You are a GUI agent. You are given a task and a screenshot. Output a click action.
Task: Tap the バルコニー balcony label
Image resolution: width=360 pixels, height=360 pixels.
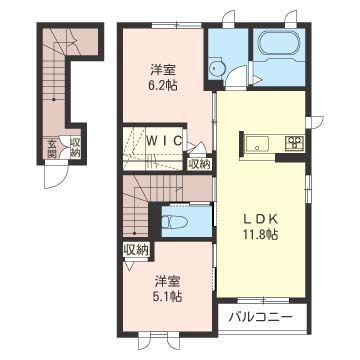260,317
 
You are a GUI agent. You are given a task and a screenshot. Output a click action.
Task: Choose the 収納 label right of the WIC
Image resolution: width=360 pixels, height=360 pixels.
200,164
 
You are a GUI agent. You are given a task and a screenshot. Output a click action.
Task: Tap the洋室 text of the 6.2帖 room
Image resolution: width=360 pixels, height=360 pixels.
164,68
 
